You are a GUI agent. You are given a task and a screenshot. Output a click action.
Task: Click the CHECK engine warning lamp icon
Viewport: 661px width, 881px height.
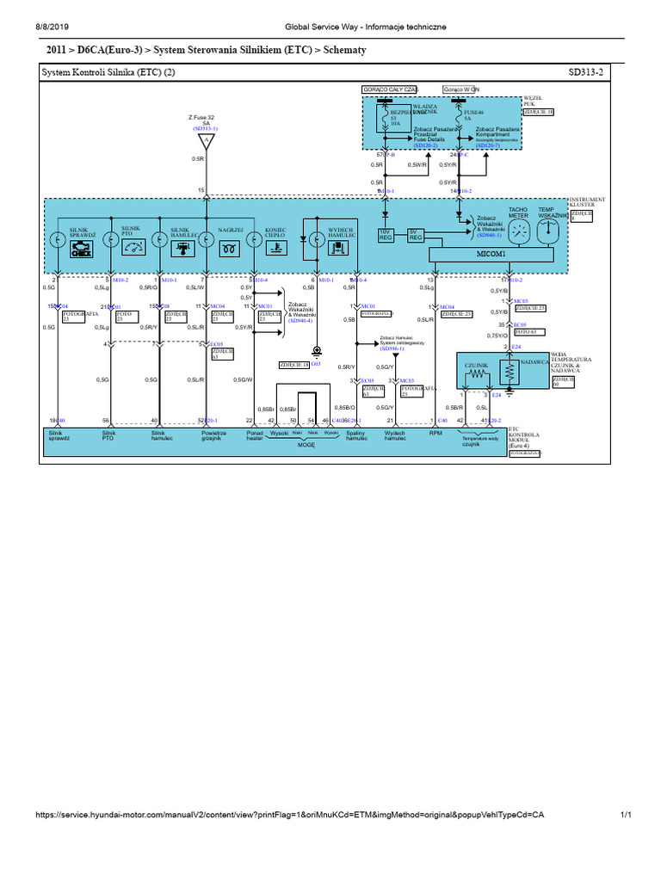point(82,248)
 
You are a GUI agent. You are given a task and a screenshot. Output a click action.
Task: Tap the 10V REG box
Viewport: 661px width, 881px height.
point(386,234)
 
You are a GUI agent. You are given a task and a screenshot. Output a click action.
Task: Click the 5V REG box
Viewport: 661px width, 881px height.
point(416,234)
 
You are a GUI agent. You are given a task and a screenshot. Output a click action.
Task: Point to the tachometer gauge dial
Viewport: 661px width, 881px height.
point(518,231)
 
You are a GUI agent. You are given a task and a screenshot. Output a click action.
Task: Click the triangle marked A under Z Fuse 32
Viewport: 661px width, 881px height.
point(205,139)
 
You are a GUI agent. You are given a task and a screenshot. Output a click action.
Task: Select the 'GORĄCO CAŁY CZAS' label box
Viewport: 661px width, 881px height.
point(390,89)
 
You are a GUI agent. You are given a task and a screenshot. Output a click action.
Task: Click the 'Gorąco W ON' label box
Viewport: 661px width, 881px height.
point(460,89)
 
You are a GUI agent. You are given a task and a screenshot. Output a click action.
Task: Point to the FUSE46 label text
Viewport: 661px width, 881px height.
point(474,113)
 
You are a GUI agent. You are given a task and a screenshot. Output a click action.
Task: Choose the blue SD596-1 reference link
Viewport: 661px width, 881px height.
point(392,348)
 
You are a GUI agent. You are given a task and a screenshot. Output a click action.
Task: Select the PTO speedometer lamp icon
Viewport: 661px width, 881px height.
point(132,248)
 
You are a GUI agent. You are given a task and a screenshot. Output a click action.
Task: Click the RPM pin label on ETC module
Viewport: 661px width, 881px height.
point(436,434)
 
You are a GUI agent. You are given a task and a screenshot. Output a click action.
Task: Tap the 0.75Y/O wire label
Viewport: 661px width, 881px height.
point(497,336)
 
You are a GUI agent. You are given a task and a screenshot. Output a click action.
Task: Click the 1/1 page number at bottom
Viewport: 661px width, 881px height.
point(626,814)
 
